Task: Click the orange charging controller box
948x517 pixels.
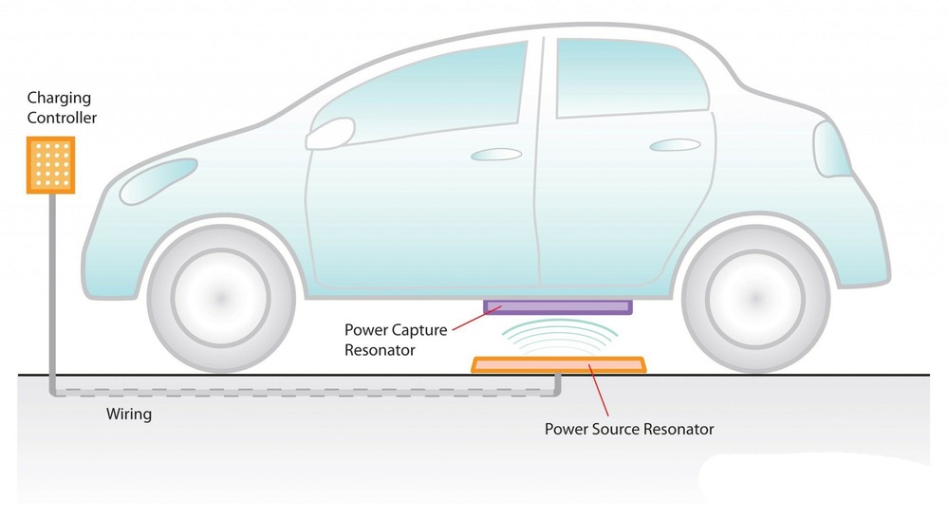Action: [x=51, y=165]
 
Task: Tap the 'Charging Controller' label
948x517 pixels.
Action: [x=62, y=107]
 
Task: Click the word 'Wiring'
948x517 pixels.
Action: [x=129, y=415]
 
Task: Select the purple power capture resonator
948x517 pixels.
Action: [x=557, y=306]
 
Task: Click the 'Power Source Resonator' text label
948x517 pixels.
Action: [x=629, y=430]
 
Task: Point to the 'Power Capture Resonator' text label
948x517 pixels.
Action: [x=396, y=340]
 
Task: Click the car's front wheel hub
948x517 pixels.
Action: [x=221, y=298]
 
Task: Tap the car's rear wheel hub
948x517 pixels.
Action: [x=755, y=298]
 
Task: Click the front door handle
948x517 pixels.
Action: [x=495, y=155]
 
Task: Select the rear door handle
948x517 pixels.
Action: [x=675, y=145]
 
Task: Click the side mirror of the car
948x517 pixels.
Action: [x=329, y=134]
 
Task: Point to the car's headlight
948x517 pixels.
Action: [x=158, y=180]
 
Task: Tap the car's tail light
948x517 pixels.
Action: [x=830, y=149]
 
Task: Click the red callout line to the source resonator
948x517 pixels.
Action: [x=599, y=390]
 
